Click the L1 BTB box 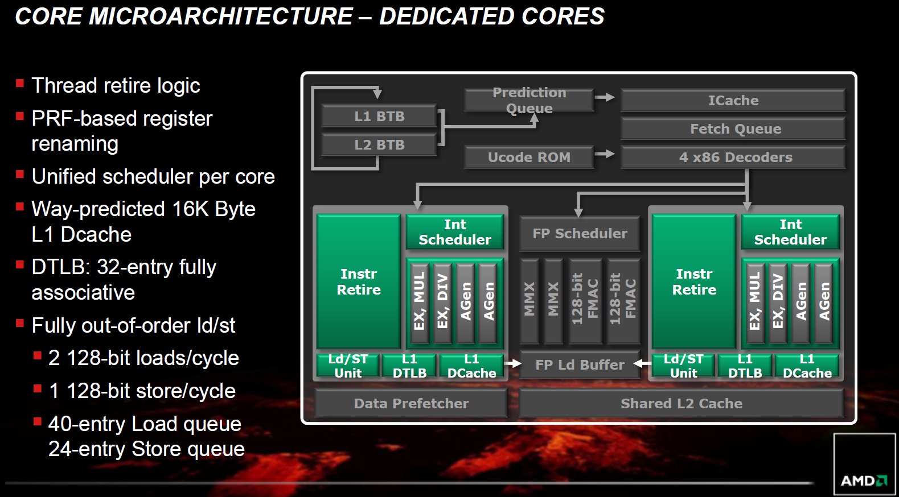tap(379, 116)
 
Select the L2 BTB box tap(379, 144)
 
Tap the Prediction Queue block tap(529, 100)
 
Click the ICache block tap(733, 100)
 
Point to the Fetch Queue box tap(733, 129)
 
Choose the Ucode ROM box tap(529, 157)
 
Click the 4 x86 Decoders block tap(733, 157)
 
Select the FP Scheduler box tap(580, 233)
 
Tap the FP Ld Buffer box tap(580, 365)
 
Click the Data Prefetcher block tap(411, 403)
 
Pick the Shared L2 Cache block tap(681, 403)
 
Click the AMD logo tap(864, 480)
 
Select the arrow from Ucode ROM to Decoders tap(605, 154)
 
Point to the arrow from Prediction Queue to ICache tap(605, 97)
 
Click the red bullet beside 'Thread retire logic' tap(20, 83)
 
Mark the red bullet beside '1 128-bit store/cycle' tap(38, 388)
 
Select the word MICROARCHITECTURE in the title tap(221, 16)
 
